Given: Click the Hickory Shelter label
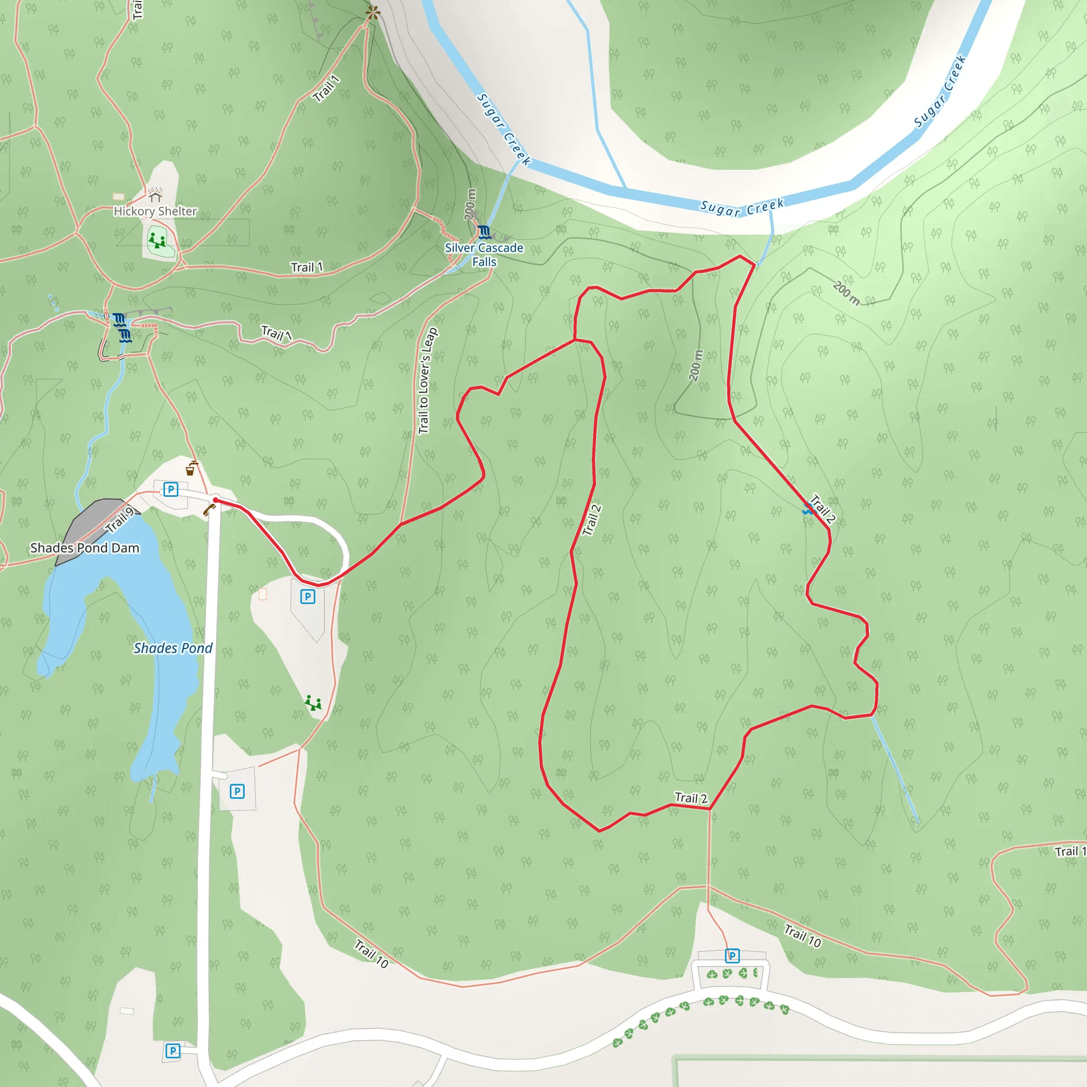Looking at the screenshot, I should pyautogui.click(x=156, y=211).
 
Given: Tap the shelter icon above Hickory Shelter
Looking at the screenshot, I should pyautogui.click(x=156, y=195).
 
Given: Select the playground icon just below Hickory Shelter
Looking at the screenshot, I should pyautogui.click(x=157, y=241).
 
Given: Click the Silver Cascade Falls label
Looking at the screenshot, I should pyautogui.click(x=484, y=254).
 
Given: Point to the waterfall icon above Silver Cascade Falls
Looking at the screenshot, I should pyautogui.click(x=484, y=232).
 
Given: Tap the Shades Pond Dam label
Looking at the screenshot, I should pyautogui.click(x=84, y=547).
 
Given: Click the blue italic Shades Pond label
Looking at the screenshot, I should pyautogui.click(x=172, y=648).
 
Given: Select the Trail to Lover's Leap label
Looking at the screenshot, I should pyautogui.click(x=427, y=381).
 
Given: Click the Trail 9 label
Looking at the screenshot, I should pyautogui.click(x=120, y=520).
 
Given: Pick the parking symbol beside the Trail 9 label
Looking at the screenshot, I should pyautogui.click(x=170, y=489).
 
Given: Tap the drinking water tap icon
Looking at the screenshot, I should pyautogui.click(x=192, y=468).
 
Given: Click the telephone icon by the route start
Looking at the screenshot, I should pyautogui.click(x=209, y=510).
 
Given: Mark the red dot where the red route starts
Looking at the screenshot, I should pyautogui.click(x=215, y=499).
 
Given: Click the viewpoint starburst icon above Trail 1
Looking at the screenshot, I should pyautogui.click(x=373, y=12).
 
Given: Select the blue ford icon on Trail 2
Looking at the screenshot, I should pyautogui.click(x=808, y=509).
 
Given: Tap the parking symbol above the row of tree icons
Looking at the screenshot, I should pyautogui.click(x=732, y=955).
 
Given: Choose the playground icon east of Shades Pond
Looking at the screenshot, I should pyautogui.click(x=313, y=703).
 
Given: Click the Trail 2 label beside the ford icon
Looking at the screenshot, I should pyautogui.click(x=822, y=508).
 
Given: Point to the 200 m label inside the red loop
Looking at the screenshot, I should pyautogui.click(x=696, y=365).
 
